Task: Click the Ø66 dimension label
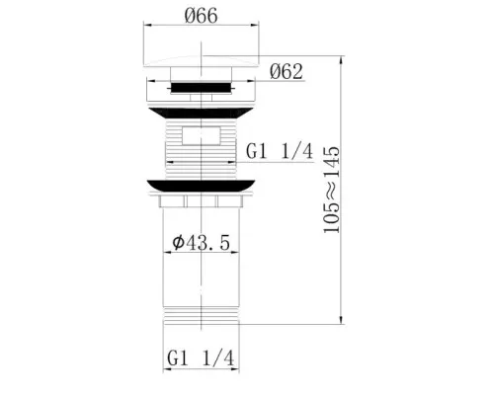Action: [201, 16]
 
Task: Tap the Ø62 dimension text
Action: [286, 71]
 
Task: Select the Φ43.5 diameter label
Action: [201, 243]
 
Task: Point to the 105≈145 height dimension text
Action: [331, 190]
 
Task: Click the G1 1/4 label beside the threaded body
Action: [280, 152]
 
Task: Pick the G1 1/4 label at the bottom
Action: [201, 357]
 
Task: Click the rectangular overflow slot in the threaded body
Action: [201, 135]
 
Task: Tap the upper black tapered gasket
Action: [201, 113]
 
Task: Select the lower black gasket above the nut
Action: [201, 186]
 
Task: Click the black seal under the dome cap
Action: [201, 88]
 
